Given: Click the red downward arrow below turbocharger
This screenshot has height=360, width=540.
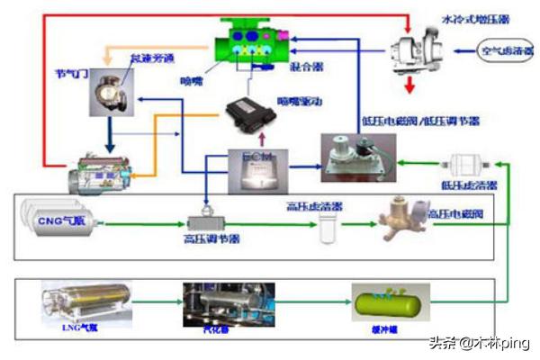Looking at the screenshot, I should (409, 85).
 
